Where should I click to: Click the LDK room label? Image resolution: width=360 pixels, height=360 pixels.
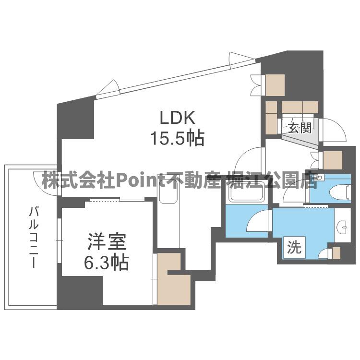177,118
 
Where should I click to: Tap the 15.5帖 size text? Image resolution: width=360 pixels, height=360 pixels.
177,139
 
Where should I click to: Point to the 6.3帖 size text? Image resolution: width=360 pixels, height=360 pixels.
107,263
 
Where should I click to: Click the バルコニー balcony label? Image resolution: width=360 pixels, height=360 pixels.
33,237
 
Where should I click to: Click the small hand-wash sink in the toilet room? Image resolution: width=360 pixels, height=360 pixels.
319,178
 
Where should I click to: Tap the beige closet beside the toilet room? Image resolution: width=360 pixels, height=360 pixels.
333,160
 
